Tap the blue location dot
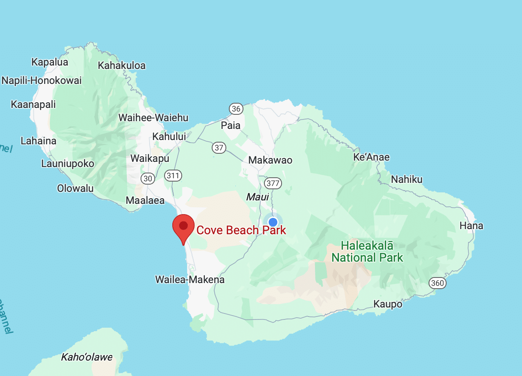[273, 222]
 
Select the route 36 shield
[236, 109]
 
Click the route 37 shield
[219, 148]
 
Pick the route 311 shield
[173, 175]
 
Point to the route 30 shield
[148, 179]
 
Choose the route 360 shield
[438, 283]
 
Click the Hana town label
[471, 226]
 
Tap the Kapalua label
[50, 62]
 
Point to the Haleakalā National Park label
[367, 252]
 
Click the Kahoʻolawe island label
[87, 357]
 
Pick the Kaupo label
[388, 304]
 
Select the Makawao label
[270, 160]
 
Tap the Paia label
[231, 125]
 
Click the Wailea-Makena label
[190, 280]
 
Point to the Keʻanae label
[371, 157]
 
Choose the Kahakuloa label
[122, 66]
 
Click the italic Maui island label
[257, 197]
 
